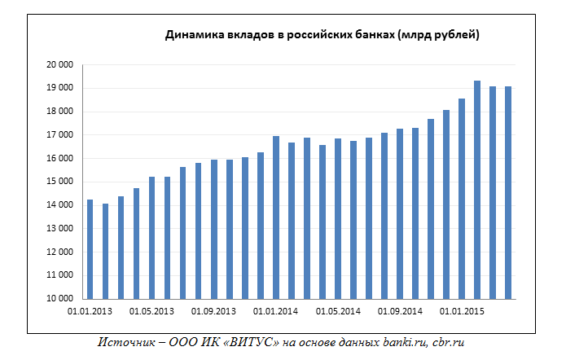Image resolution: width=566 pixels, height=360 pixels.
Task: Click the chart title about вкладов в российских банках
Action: [x=322, y=35]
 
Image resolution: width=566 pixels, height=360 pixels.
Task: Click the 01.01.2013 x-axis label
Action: [x=89, y=311]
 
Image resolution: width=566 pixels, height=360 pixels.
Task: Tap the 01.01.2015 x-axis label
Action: [x=461, y=311]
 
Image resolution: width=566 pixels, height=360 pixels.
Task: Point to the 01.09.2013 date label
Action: [x=213, y=311]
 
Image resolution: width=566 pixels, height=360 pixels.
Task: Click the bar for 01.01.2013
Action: [x=90, y=249]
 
